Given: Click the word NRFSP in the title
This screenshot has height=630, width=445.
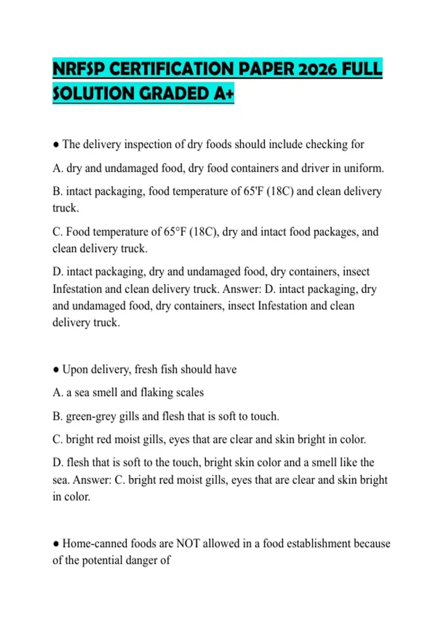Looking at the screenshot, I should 79,69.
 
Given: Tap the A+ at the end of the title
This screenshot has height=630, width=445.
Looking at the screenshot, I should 224,93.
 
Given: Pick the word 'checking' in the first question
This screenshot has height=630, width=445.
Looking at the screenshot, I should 327,144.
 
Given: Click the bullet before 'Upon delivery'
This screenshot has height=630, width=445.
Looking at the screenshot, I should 56,370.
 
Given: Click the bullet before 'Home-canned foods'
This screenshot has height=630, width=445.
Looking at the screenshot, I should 56,544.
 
